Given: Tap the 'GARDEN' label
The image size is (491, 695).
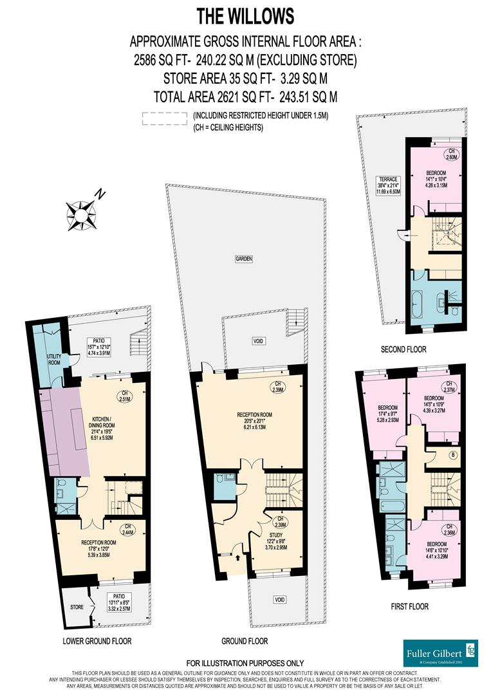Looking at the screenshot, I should [x=243, y=259].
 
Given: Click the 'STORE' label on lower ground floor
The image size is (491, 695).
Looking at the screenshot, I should [x=75, y=607].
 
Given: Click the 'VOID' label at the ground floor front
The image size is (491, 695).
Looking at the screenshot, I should [x=279, y=599].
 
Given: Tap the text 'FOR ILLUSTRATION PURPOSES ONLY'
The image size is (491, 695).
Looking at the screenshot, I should [x=245, y=663].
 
